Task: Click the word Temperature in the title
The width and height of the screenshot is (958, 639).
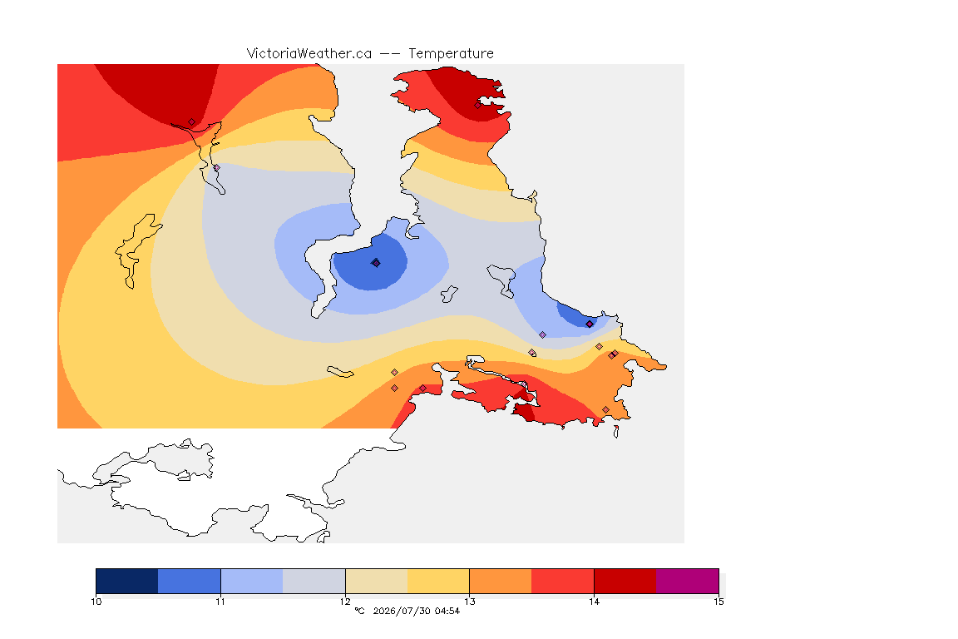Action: point(451,54)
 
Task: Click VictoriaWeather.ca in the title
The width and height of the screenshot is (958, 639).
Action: point(309,54)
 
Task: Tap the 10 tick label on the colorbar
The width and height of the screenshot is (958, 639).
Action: point(96,602)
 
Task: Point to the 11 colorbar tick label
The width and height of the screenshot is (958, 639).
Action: point(220,602)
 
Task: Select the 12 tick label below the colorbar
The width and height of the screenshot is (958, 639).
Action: point(345,602)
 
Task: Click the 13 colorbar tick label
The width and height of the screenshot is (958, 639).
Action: point(469,602)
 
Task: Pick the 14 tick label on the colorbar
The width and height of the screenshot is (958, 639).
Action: point(594,602)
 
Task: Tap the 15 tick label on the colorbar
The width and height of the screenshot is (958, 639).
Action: point(718,602)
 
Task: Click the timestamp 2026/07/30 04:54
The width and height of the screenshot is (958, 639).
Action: point(416,611)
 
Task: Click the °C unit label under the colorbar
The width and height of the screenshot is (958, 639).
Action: point(359,611)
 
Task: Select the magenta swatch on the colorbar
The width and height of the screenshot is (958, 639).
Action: point(688,581)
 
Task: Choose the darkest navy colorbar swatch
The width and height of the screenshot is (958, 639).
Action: point(127,581)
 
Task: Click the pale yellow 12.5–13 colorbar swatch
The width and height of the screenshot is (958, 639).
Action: point(438,581)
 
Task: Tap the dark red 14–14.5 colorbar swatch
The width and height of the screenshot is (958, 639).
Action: point(625,581)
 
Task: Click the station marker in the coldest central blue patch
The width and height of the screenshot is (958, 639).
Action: point(376,263)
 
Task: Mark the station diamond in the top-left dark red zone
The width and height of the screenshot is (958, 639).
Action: point(192,122)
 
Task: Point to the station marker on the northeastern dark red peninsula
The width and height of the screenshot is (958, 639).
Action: point(478,105)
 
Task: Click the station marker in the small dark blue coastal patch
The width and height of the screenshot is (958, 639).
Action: point(589,324)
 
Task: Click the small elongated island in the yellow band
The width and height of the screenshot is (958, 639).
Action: point(340,372)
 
